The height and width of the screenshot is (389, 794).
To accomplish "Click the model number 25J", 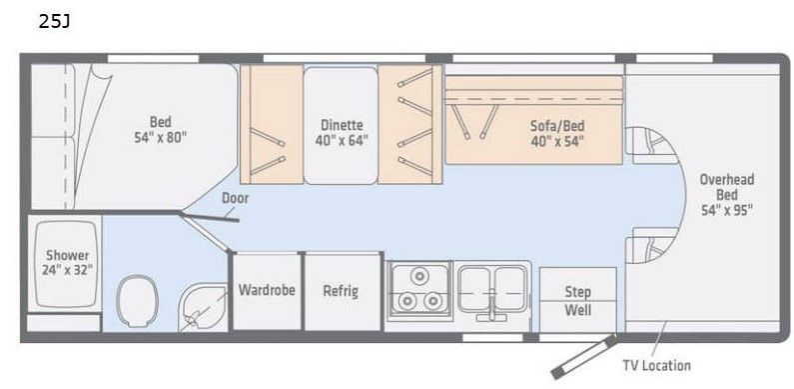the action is pos(54,21).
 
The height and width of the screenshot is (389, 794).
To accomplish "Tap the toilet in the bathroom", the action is pos(137,301).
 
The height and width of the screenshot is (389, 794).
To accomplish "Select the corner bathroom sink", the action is pos(202,307).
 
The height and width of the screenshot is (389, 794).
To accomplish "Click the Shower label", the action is pos(67,255).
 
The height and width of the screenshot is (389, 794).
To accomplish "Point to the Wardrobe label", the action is pos(267,290).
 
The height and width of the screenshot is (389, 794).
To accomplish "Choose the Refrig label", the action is pos(341,291).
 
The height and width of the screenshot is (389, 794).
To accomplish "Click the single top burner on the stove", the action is pos(419,276).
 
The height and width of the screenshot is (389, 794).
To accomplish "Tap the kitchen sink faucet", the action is pos(491,308).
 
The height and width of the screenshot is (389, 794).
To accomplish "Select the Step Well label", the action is pos(578,301).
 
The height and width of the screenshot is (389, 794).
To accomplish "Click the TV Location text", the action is pos(656,365).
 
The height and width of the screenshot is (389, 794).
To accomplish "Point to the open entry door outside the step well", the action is pos(584,357).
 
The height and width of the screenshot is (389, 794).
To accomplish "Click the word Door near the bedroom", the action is pos(235,198).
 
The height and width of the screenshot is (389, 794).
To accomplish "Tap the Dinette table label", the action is pos(342,125).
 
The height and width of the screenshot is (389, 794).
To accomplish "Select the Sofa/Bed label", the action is pos(557,125).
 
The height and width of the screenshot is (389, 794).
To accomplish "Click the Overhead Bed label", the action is pos(727,187).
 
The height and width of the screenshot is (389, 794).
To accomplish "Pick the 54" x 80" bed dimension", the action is pos(161,137).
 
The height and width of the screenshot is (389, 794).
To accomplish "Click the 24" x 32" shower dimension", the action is pos(67,270).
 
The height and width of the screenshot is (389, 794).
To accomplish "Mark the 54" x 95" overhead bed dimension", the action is pos(727,210).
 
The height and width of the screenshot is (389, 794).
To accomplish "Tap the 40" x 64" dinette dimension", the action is pos(342,140).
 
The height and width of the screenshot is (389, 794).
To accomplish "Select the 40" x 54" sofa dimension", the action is pos(557,140).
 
